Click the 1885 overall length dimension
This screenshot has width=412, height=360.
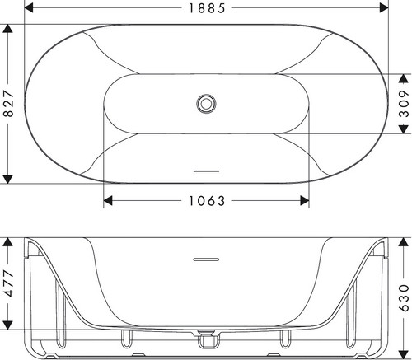tap(207, 8)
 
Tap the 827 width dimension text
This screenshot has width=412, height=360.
tap(8, 104)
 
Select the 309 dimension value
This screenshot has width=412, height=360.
tap(404, 104)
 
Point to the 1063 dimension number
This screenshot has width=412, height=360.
tap(207, 201)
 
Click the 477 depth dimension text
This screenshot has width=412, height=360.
tap(8, 283)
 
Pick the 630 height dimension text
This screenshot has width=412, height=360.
tap(404, 298)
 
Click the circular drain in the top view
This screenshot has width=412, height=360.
tap(206, 104)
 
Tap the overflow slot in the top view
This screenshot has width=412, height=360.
tap(206, 171)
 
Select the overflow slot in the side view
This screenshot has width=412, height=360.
tap(206, 259)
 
